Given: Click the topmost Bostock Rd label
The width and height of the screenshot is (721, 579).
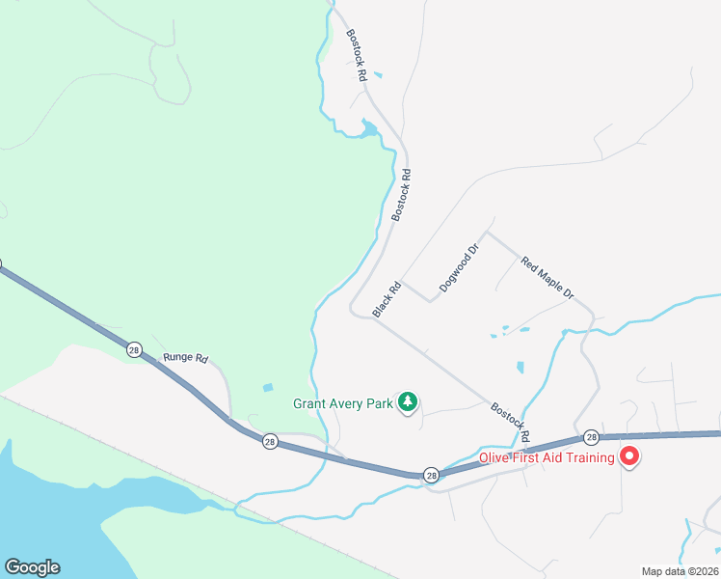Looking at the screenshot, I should [x=357, y=54].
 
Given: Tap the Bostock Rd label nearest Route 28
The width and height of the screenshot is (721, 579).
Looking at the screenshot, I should [x=509, y=422].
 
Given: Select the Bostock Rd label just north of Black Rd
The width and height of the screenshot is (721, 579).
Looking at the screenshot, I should [x=401, y=196].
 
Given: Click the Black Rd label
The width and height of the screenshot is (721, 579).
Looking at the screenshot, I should [x=387, y=299].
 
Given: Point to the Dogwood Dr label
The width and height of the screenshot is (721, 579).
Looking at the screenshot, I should [x=459, y=268].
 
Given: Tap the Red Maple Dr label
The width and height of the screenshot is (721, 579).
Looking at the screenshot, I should [x=547, y=277].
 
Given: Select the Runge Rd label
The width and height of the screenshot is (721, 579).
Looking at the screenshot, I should [x=185, y=358].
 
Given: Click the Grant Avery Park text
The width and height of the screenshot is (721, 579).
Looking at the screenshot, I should [x=342, y=403].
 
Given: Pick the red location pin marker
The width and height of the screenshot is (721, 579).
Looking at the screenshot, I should [x=629, y=455].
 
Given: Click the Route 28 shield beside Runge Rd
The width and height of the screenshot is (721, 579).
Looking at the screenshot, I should [x=134, y=348].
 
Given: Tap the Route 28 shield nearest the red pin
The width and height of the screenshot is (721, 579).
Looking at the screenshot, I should [x=591, y=438].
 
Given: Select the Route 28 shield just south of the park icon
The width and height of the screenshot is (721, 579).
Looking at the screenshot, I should [x=431, y=475].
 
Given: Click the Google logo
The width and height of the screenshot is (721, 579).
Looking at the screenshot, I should [x=32, y=567].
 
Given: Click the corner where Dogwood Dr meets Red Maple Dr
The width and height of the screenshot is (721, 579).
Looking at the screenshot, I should [x=486, y=232].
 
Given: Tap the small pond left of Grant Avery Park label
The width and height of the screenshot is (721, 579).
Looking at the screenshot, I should [x=267, y=388].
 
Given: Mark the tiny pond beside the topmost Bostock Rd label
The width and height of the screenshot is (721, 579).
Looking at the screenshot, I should [x=378, y=75].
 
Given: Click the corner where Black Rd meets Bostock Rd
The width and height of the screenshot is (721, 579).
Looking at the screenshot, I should [x=373, y=317].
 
